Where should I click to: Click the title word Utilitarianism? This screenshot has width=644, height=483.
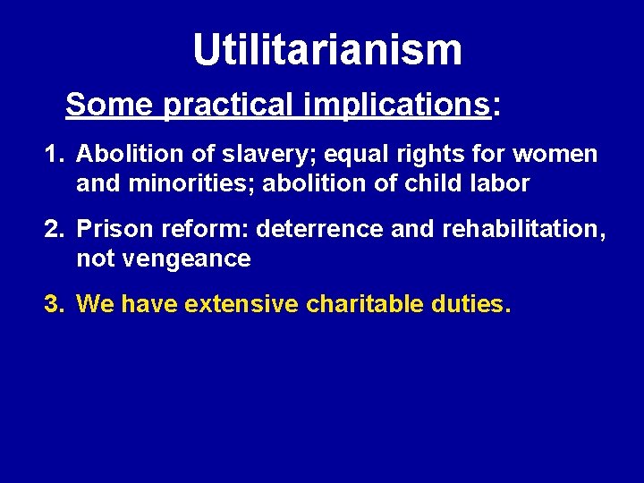(x=327, y=50)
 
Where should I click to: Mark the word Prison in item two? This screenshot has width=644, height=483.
(x=106, y=230)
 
